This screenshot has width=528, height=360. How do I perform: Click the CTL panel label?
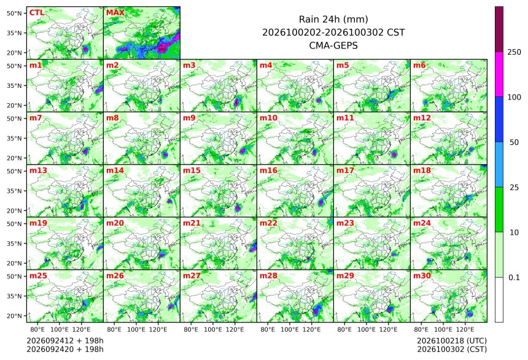[x=37, y=13]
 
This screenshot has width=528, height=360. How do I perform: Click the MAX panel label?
[x=115, y=13]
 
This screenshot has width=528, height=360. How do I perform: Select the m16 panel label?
[x=268, y=171]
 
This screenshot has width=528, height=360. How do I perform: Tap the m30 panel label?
[x=422, y=276]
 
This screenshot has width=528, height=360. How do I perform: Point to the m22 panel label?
[x=268, y=223]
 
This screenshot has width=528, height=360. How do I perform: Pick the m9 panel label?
[x=189, y=118]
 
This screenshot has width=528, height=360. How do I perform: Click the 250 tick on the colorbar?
[x=514, y=52]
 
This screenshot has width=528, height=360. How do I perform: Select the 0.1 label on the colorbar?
[x=514, y=278]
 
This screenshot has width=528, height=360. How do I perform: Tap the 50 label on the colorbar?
[x=514, y=143]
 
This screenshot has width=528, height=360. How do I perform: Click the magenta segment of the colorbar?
[x=499, y=74]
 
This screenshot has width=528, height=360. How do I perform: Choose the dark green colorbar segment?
[x=499, y=209]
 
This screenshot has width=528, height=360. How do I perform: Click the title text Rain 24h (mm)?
[x=333, y=19]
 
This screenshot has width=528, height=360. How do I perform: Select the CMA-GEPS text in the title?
[x=333, y=45]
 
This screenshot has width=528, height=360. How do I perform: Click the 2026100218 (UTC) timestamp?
[x=452, y=341]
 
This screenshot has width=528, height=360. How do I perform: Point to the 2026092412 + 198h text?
[x=65, y=341]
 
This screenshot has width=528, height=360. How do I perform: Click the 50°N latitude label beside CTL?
[x=14, y=13]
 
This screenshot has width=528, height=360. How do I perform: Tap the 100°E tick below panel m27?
[x=213, y=329]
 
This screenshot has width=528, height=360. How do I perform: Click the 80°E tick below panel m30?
[x=421, y=329]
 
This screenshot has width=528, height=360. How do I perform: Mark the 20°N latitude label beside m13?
[x=14, y=211]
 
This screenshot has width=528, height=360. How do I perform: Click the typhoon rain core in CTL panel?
[x=85, y=49]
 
